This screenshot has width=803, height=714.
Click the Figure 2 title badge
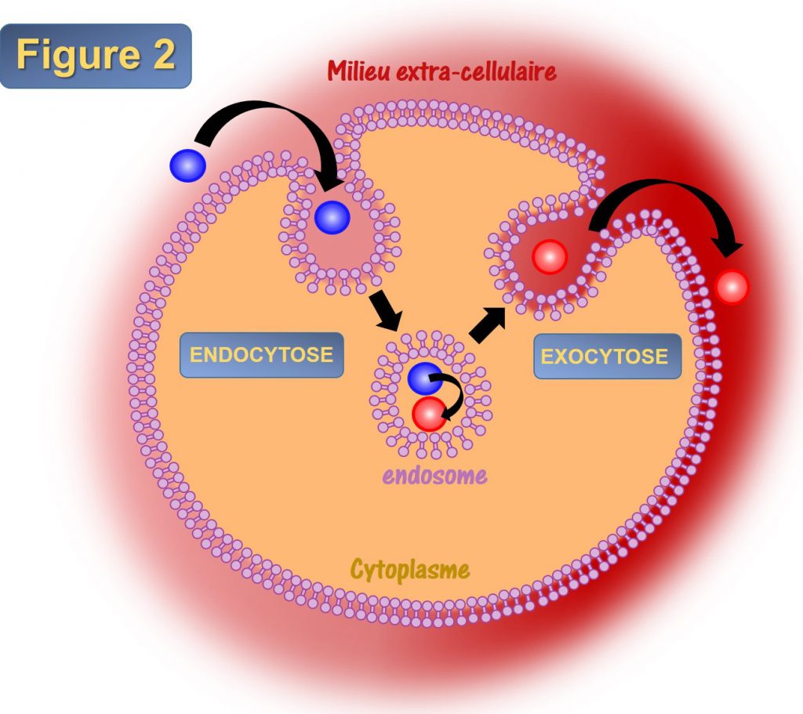pyautogui.click(x=96, y=56)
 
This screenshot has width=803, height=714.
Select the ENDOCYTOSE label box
pyautogui.click(x=262, y=355)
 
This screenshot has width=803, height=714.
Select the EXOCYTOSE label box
pyautogui.click(x=608, y=357)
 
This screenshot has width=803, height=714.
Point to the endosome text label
pyautogui.click(x=434, y=476)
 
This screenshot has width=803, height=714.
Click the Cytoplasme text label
pyautogui.click(x=409, y=570)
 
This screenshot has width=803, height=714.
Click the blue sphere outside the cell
pyautogui.click(x=188, y=166)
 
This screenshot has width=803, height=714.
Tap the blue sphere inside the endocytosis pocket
pyautogui.click(x=332, y=218)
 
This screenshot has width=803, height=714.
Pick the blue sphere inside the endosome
pyautogui.click(x=424, y=378)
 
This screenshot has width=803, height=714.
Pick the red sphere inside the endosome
pyautogui.click(x=429, y=414)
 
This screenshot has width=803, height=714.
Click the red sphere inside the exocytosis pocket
pyautogui.click(x=550, y=257)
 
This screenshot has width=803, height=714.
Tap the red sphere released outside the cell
pyautogui.click(x=732, y=287)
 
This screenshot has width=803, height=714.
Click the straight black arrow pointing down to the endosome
pyautogui.click(x=386, y=310)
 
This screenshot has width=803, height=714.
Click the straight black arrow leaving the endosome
pyautogui.click(x=487, y=325)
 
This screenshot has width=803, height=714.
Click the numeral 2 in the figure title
pyautogui.click(x=164, y=54)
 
